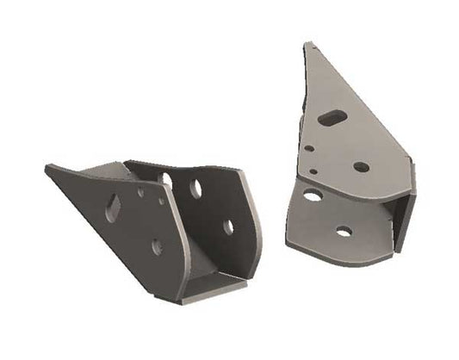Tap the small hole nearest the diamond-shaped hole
click(x=140, y=192)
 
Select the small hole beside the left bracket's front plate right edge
click(x=161, y=200)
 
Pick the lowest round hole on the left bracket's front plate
click(x=157, y=246)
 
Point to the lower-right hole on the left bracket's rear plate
click(x=229, y=227)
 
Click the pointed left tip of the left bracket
click(x=47, y=167)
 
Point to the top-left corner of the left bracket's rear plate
click(x=126, y=162)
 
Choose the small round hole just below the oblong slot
click(x=308, y=147)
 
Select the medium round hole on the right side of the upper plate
click(x=362, y=166)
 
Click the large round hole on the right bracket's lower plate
click(x=313, y=196)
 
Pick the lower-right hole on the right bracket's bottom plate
click(x=344, y=231)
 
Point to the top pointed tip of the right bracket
click(x=307, y=45)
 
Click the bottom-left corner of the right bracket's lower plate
click(x=288, y=240)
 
